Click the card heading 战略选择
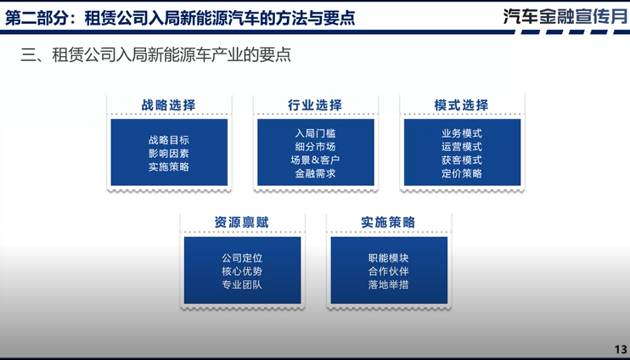[x=168, y=105]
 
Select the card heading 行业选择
[x=315, y=105]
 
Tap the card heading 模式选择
[x=461, y=105]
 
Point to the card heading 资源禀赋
[x=241, y=222]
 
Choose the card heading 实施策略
[x=388, y=222]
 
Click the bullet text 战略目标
[x=168, y=140]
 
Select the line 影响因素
[x=168, y=154]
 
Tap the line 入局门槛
[x=315, y=133]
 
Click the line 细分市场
[x=315, y=147]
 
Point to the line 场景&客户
[x=315, y=160]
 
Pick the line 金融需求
[x=315, y=173]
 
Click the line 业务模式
[x=461, y=133]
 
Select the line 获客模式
[x=461, y=160]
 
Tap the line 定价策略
[x=461, y=173]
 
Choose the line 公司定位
[x=242, y=258]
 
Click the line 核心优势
[x=242, y=272]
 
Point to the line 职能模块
[x=388, y=258]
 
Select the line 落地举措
[x=388, y=284]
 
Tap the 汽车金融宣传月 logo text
[x=564, y=16]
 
